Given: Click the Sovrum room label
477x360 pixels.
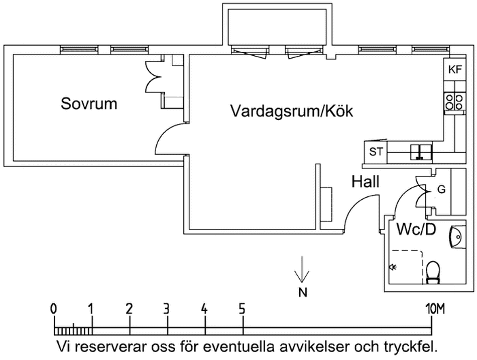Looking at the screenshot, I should (x=89, y=104).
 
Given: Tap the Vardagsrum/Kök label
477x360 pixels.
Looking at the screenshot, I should (x=291, y=111).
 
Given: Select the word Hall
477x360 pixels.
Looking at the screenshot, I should (x=365, y=182).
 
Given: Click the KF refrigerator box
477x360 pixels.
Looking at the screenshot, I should (x=454, y=70).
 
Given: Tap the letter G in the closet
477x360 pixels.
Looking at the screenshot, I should (x=441, y=190).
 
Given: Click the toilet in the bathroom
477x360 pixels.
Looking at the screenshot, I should (x=433, y=271).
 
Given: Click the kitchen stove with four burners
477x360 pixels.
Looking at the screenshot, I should (x=454, y=102).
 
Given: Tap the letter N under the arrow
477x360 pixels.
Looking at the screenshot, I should (x=302, y=292).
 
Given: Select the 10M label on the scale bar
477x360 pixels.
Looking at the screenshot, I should (x=433, y=308).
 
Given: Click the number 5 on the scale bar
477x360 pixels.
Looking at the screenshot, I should (x=242, y=308).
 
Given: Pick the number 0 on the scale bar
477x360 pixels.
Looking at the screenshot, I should (x=54, y=308).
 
